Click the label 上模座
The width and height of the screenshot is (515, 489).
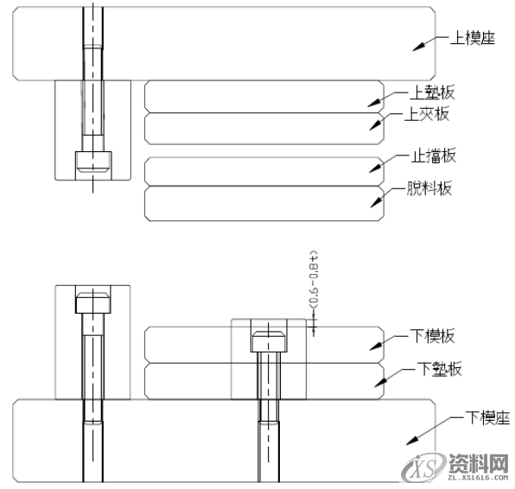click(x=468, y=39)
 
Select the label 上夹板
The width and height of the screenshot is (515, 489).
click(x=428, y=114)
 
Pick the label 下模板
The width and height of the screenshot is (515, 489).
click(x=432, y=336)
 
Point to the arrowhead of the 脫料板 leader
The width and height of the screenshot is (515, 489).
click(x=376, y=203)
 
